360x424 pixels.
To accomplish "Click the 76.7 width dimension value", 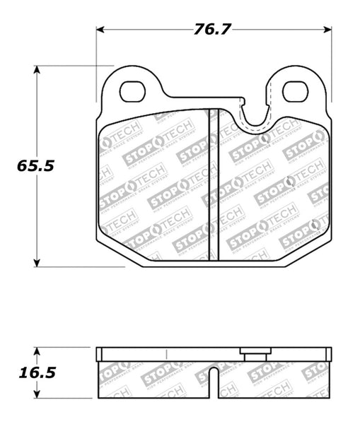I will point(211,30).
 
